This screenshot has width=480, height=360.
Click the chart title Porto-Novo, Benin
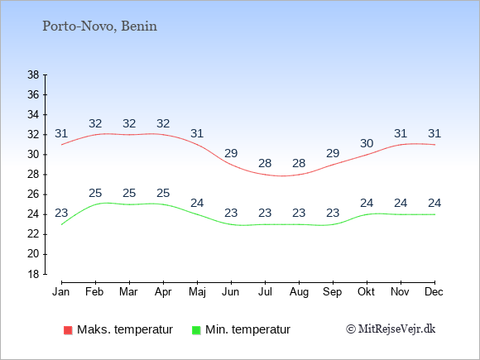[100, 26]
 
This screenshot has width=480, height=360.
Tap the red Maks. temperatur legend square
[68, 330]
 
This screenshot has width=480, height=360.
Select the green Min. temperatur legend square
[196, 330]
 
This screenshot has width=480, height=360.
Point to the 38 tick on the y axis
[33, 74]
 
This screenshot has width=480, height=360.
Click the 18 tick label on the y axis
[33, 274]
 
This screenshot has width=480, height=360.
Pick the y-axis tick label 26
[33, 194]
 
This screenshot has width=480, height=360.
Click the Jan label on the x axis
[61, 292]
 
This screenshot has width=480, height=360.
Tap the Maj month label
[197, 292]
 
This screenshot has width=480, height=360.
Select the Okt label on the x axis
[366, 292]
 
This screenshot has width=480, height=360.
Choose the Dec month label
[434, 292]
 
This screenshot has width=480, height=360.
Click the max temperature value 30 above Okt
[367, 143]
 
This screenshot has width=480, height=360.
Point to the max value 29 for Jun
[231, 153]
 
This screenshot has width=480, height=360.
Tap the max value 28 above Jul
[265, 163]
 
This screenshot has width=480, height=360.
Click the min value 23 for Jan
[61, 213]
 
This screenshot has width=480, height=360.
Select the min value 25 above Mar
[129, 193]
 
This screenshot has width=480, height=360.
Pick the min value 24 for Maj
[197, 203]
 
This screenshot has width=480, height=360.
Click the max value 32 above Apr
[163, 123]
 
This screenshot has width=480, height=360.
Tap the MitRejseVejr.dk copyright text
[391, 329]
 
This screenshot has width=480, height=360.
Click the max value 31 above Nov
[401, 133]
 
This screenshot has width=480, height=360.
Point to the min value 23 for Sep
[333, 213]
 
